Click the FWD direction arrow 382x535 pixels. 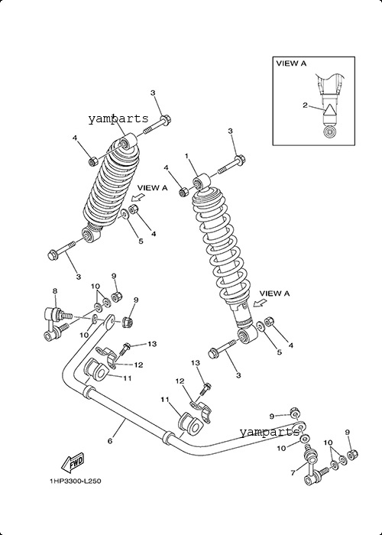(72, 462)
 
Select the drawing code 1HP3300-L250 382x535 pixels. (76, 481)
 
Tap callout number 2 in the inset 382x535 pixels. (305, 105)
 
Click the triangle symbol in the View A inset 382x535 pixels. (330, 111)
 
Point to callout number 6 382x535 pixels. (110, 441)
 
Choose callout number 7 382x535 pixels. (293, 472)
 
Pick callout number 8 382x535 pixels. (55, 290)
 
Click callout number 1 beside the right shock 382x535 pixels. (186, 156)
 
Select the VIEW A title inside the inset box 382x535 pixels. (291, 63)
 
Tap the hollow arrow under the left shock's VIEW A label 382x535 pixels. (137, 198)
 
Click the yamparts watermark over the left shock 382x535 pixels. (118, 118)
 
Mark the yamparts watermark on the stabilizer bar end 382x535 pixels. (269, 432)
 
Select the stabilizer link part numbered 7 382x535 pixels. (314, 468)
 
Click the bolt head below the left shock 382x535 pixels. (53, 254)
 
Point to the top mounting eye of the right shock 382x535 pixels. (201, 181)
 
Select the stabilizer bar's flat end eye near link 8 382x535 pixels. (108, 322)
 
